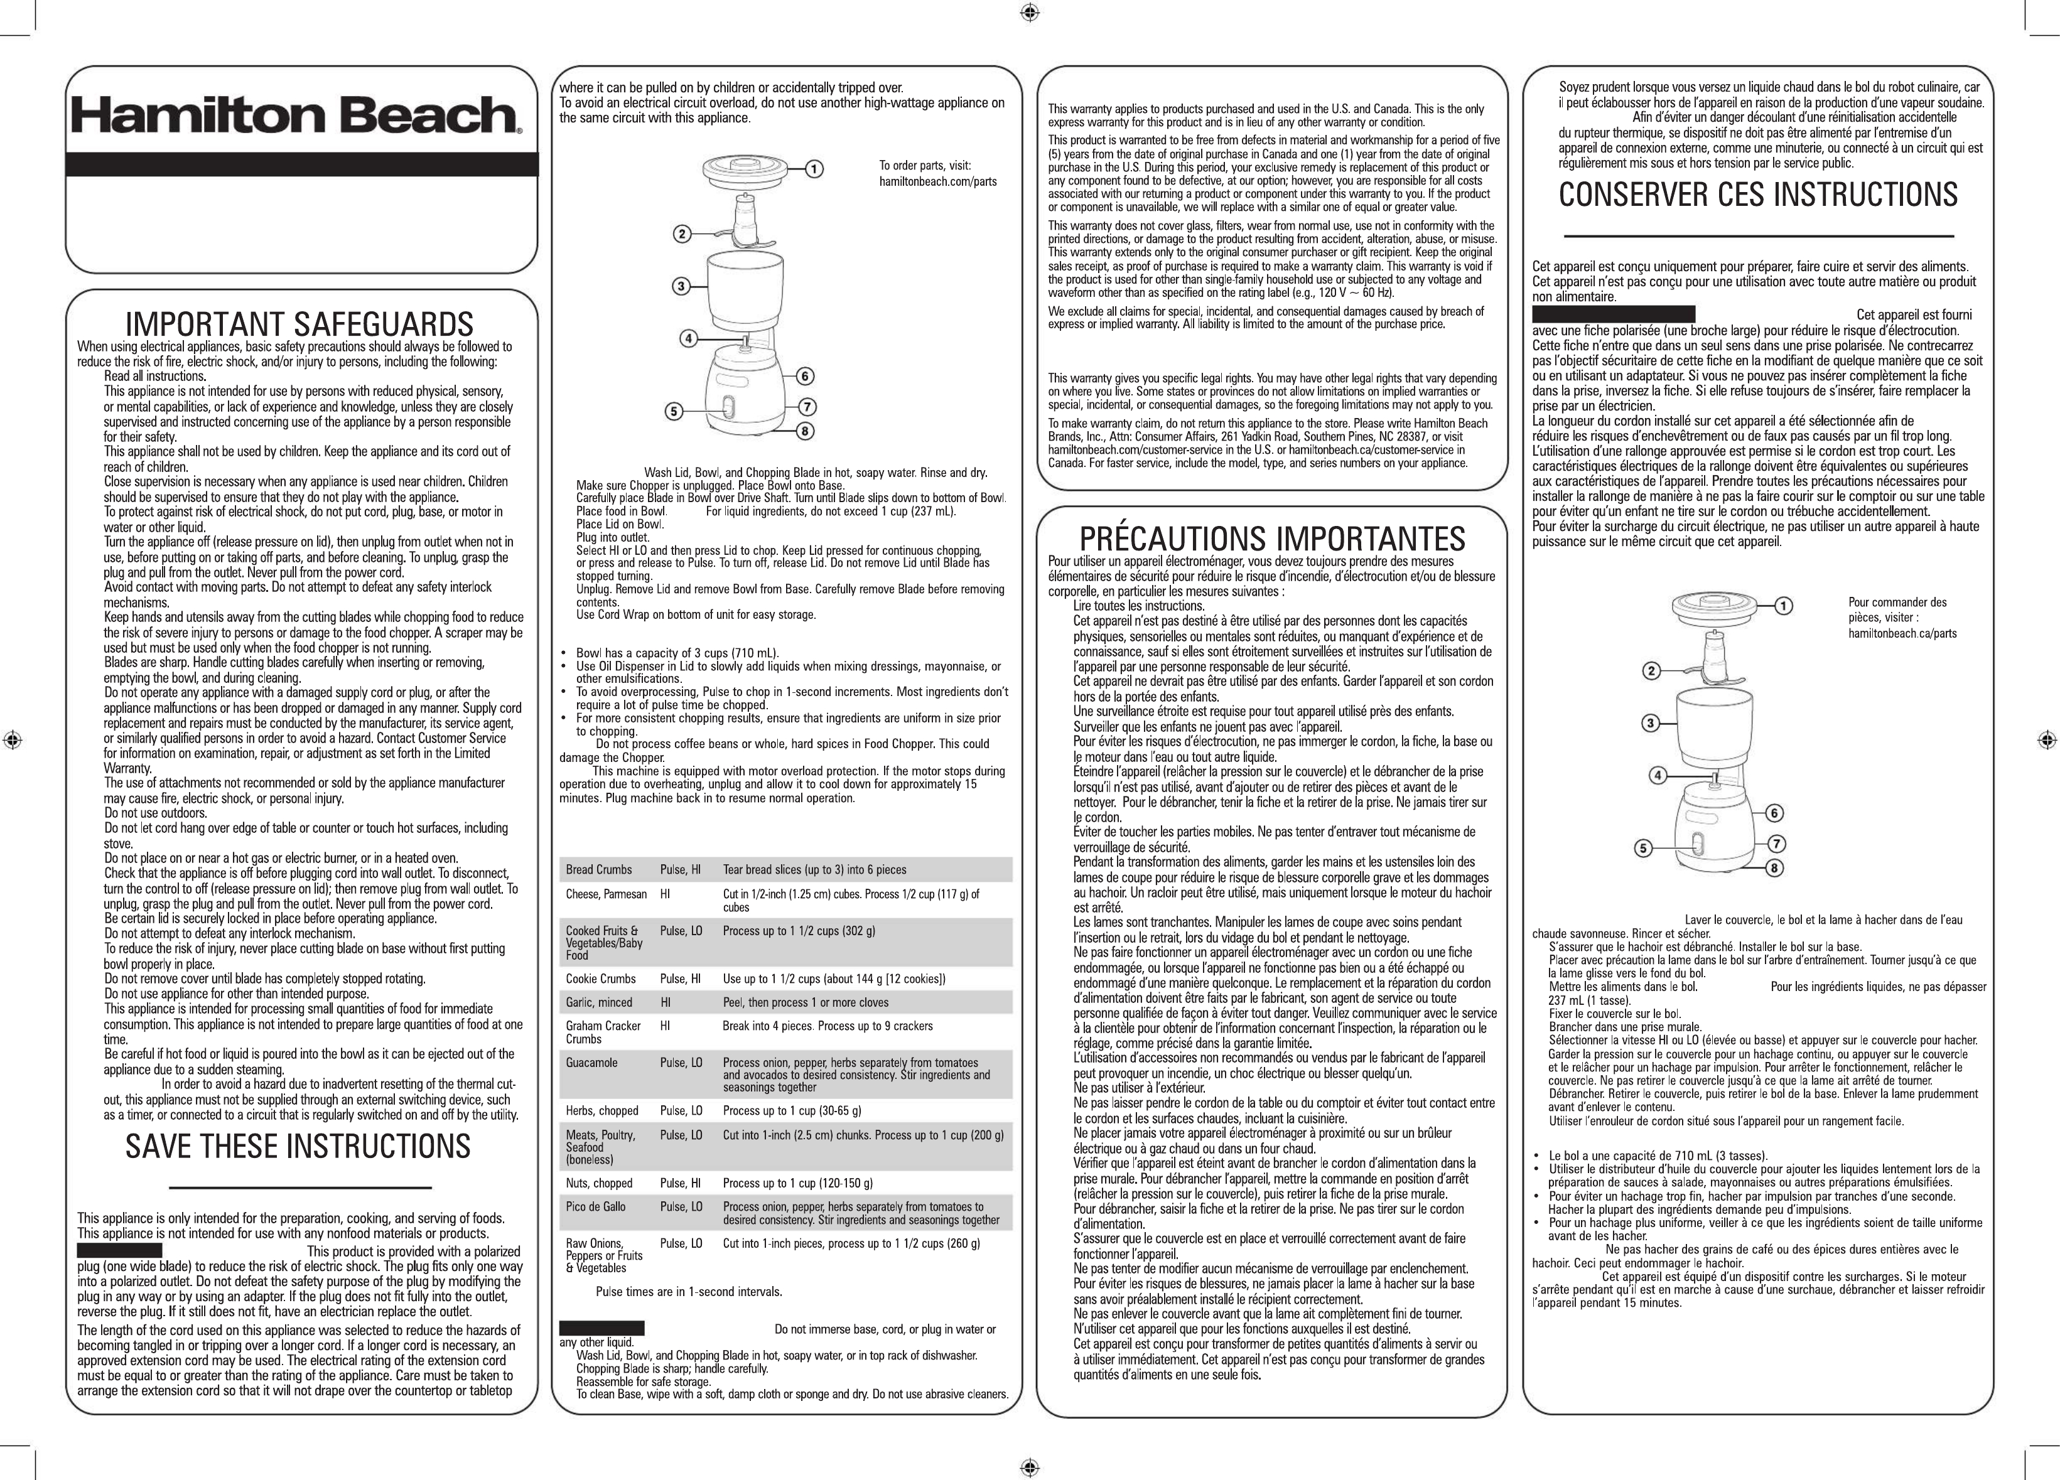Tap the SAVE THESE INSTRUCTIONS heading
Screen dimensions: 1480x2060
coord(298,1147)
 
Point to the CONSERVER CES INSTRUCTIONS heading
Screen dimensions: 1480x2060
coord(1757,195)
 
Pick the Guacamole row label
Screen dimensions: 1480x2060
coord(591,1063)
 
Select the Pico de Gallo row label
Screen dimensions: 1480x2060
coord(596,1207)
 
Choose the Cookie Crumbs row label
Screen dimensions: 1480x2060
coord(600,979)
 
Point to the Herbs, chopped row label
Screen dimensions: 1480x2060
coord(601,1110)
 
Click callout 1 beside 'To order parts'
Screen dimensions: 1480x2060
coord(815,169)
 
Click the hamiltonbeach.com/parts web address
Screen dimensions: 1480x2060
coord(937,181)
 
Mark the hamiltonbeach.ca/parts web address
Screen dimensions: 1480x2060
coord(1902,633)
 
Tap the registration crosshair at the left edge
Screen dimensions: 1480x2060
coord(13,739)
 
